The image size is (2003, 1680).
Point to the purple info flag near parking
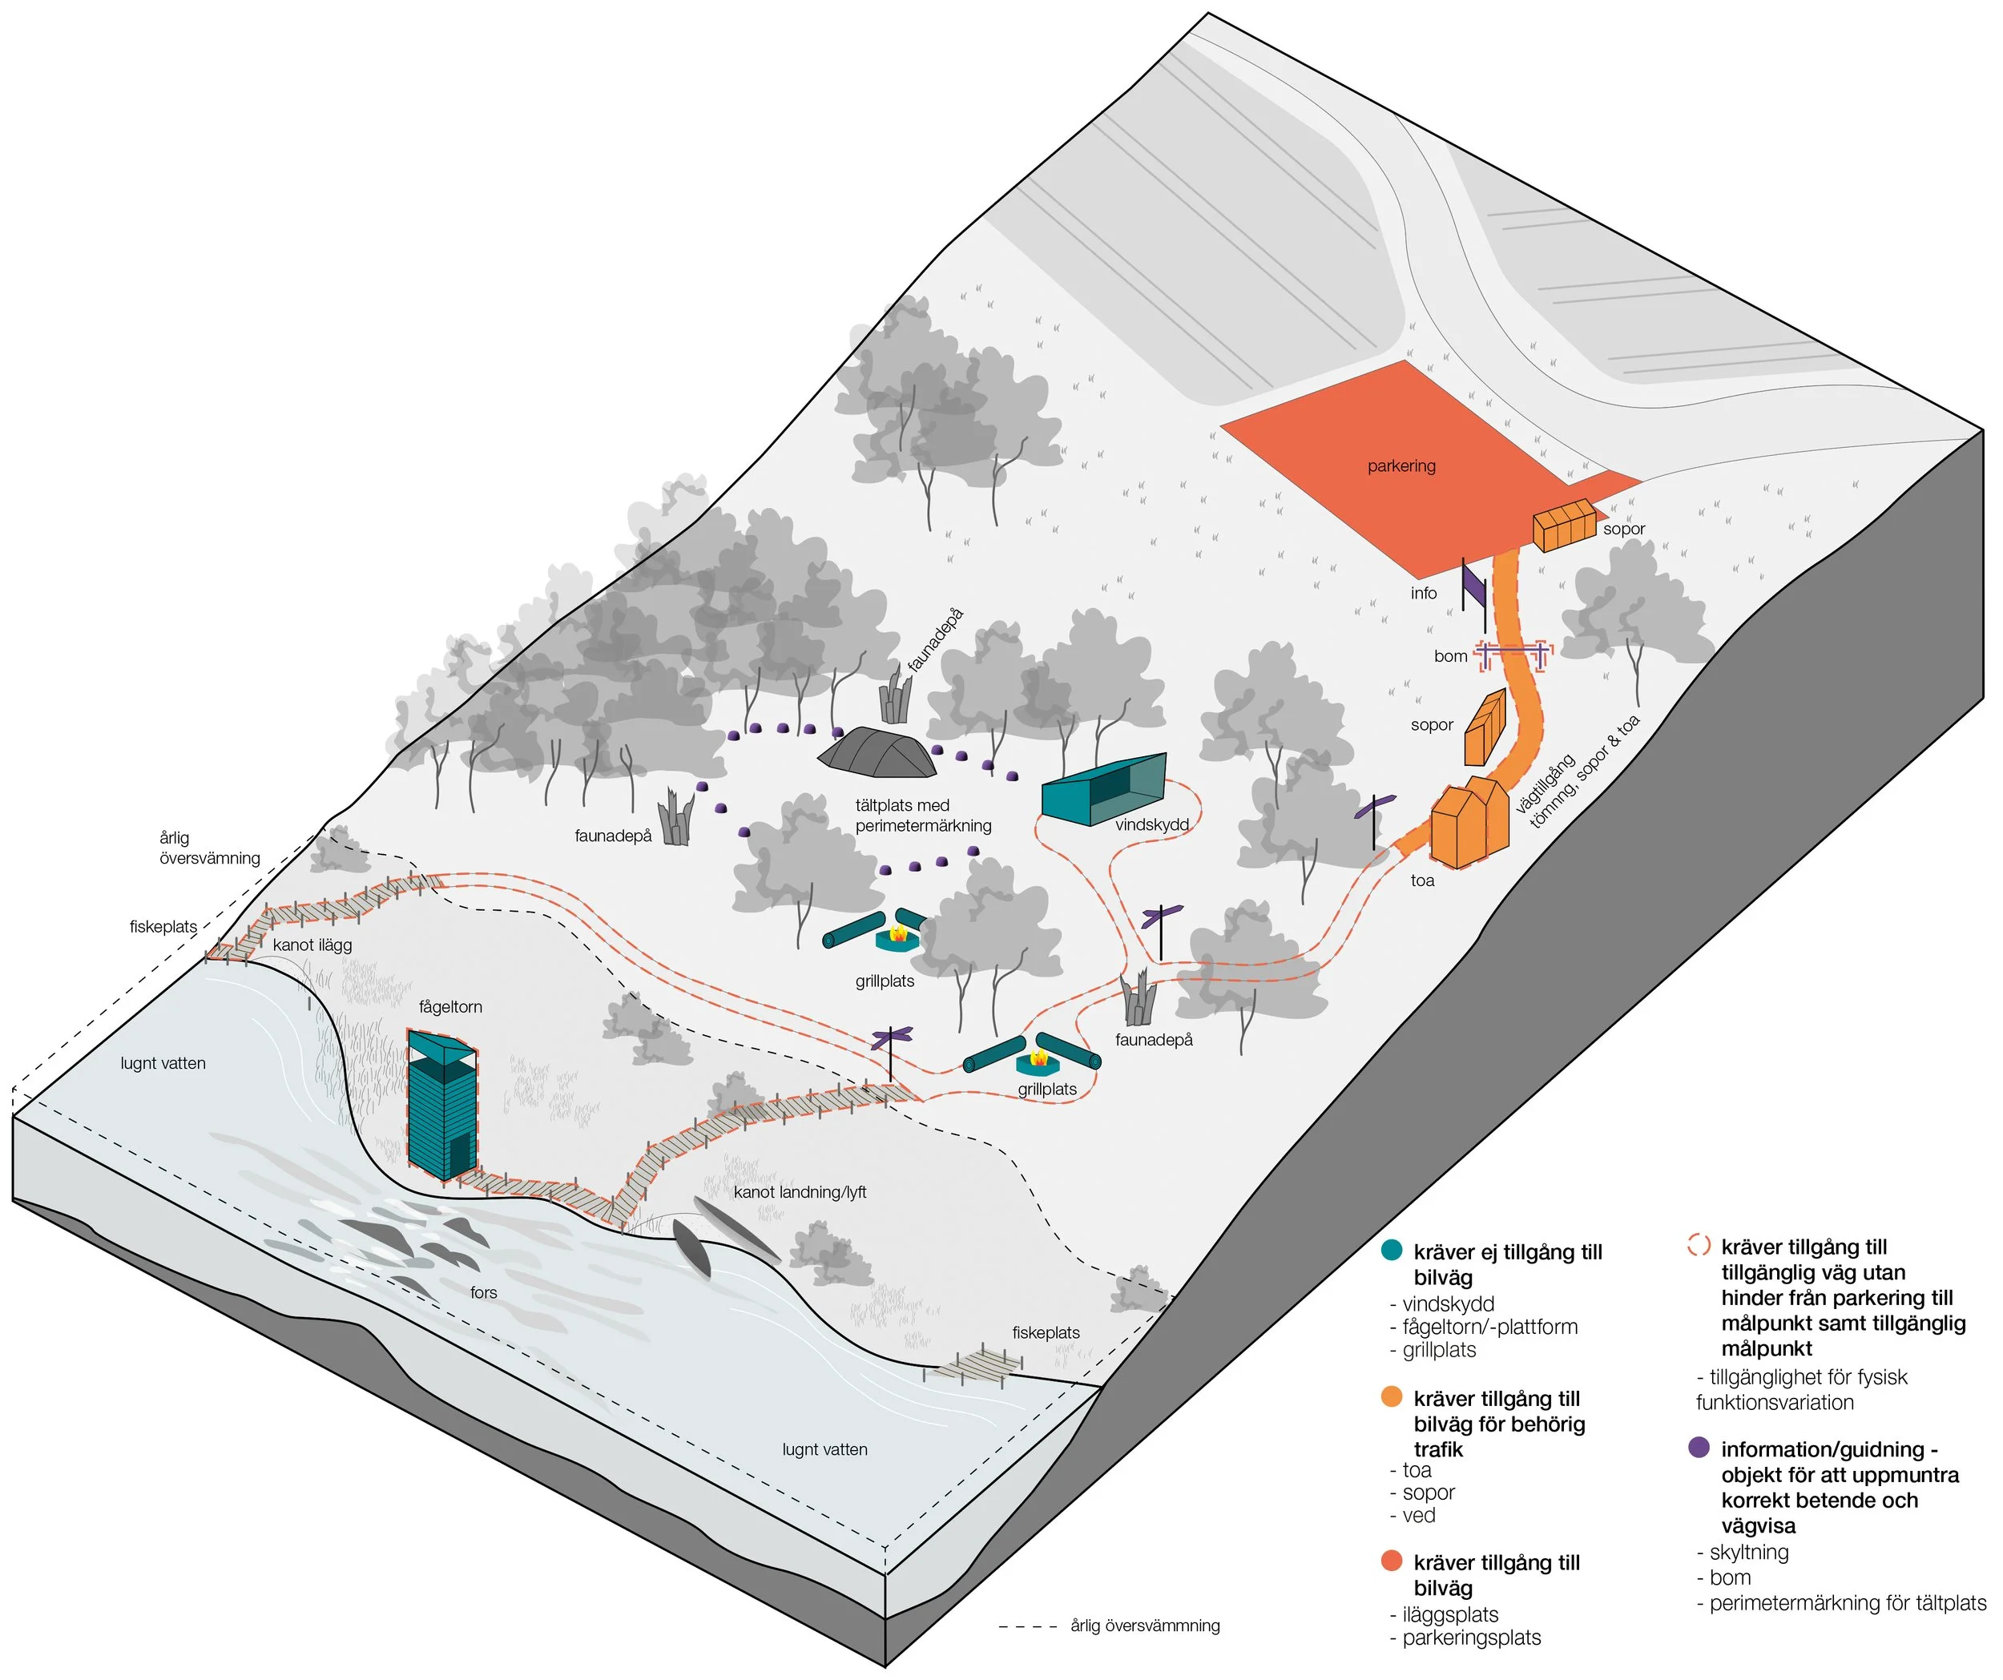point(1473,586)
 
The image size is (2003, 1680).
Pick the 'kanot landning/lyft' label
point(800,1191)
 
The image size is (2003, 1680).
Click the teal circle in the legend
point(1392,1250)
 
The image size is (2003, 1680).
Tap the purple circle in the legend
point(1698,1447)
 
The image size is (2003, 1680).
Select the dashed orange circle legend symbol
point(1698,1245)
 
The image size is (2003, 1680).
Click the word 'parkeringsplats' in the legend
point(1472,1637)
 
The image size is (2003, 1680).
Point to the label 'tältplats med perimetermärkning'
point(922,815)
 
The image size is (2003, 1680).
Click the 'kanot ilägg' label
point(312,945)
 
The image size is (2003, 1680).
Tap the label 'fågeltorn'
point(450,1006)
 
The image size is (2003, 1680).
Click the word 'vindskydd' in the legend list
point(1448,1303)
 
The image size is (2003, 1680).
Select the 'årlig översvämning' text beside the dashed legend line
point(1145,1625)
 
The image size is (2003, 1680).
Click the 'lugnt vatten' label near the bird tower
point(163,1063)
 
